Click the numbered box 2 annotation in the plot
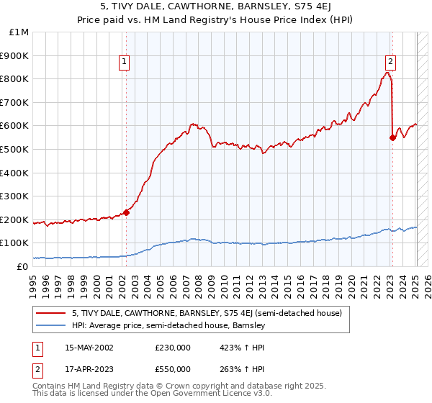pyautogui.click(x=390, y=63)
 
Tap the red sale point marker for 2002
pyautogui.click(x=126, y=212)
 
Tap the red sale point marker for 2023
pyautogui.click(x=392, y=137)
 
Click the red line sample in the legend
pyautogui.click(x=52, y=313)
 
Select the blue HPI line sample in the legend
pyautogui.click(x=52, y=326)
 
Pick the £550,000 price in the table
pyautogui.click(x=173, y=368)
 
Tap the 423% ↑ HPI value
pyautogui.click(x=242, y=348)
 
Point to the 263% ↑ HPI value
pyautogui.click(x=242, y=368)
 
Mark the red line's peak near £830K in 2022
pyautogui.click(x=387, y=73)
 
